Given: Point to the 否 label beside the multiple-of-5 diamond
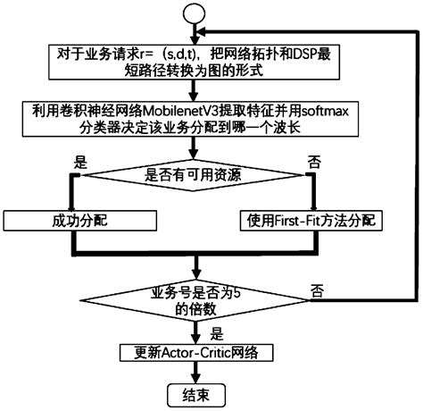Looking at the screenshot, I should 317,291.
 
